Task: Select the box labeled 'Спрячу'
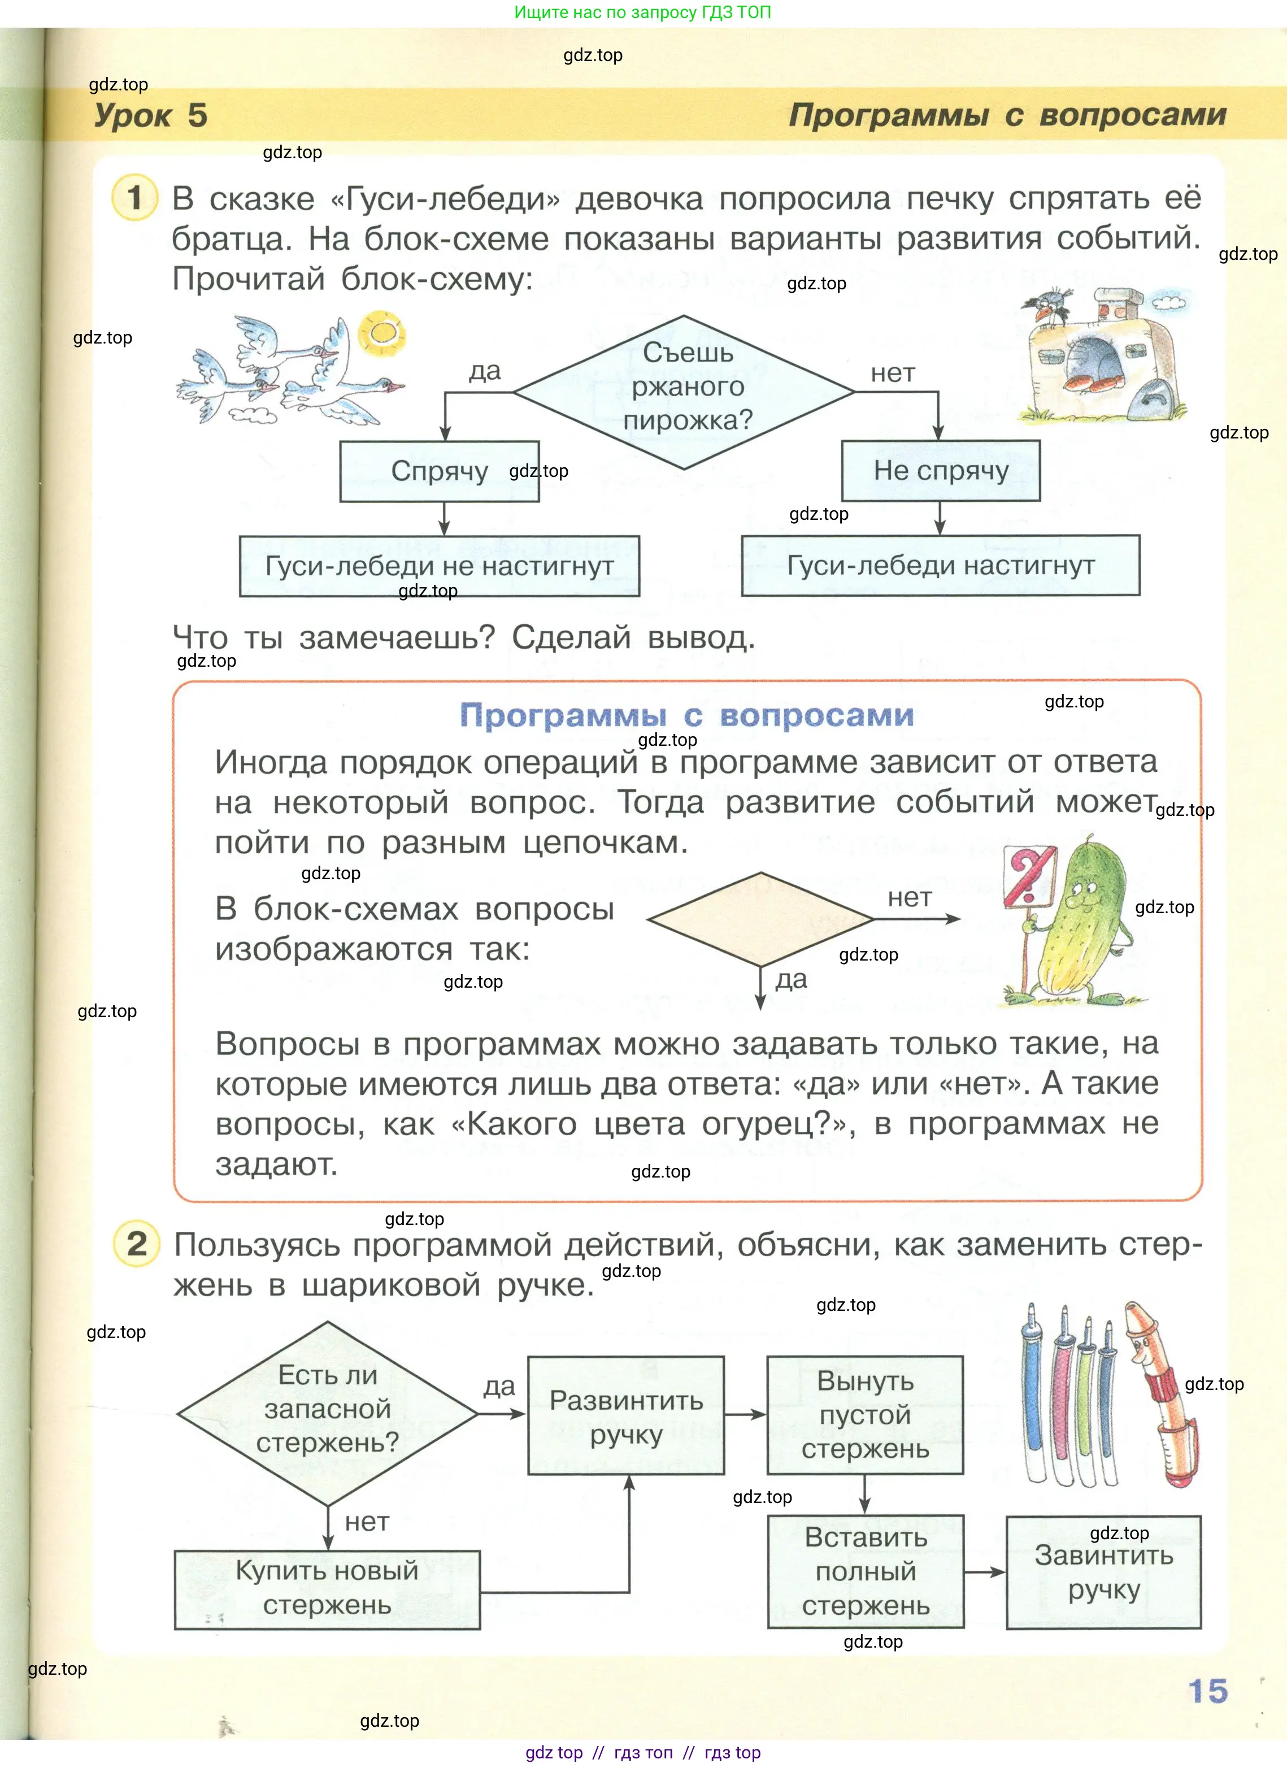point(439,471)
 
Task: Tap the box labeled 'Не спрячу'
point(940,470)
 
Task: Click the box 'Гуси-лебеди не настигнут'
point(439,566)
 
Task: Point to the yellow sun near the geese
point(382,333)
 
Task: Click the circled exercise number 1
point(136,197)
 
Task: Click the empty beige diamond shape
point(759,919)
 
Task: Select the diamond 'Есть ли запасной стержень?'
point(328,1412)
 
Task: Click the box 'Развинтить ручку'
point(626,1415)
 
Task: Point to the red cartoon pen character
point(1162,1388)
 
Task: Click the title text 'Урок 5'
point(150,115)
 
